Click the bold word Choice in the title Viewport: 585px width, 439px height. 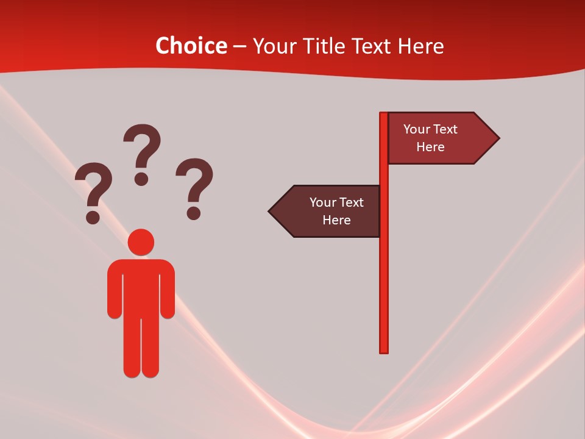click(191, 46)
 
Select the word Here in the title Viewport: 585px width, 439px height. click(421, 46)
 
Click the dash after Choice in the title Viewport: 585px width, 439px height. click(239, 46)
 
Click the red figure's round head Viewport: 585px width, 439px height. click(141, 242)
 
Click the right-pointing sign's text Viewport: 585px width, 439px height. click(430, 138)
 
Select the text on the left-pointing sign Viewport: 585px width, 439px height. click(336, 211)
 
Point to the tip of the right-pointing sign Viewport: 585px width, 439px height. click(497, 138)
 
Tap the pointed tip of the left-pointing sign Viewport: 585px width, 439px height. click(271, 212)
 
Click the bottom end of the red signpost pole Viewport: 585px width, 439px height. click(384, 350)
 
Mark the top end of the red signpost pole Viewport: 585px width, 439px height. click(384, 115)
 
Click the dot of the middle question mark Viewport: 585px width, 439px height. click(141, 179)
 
